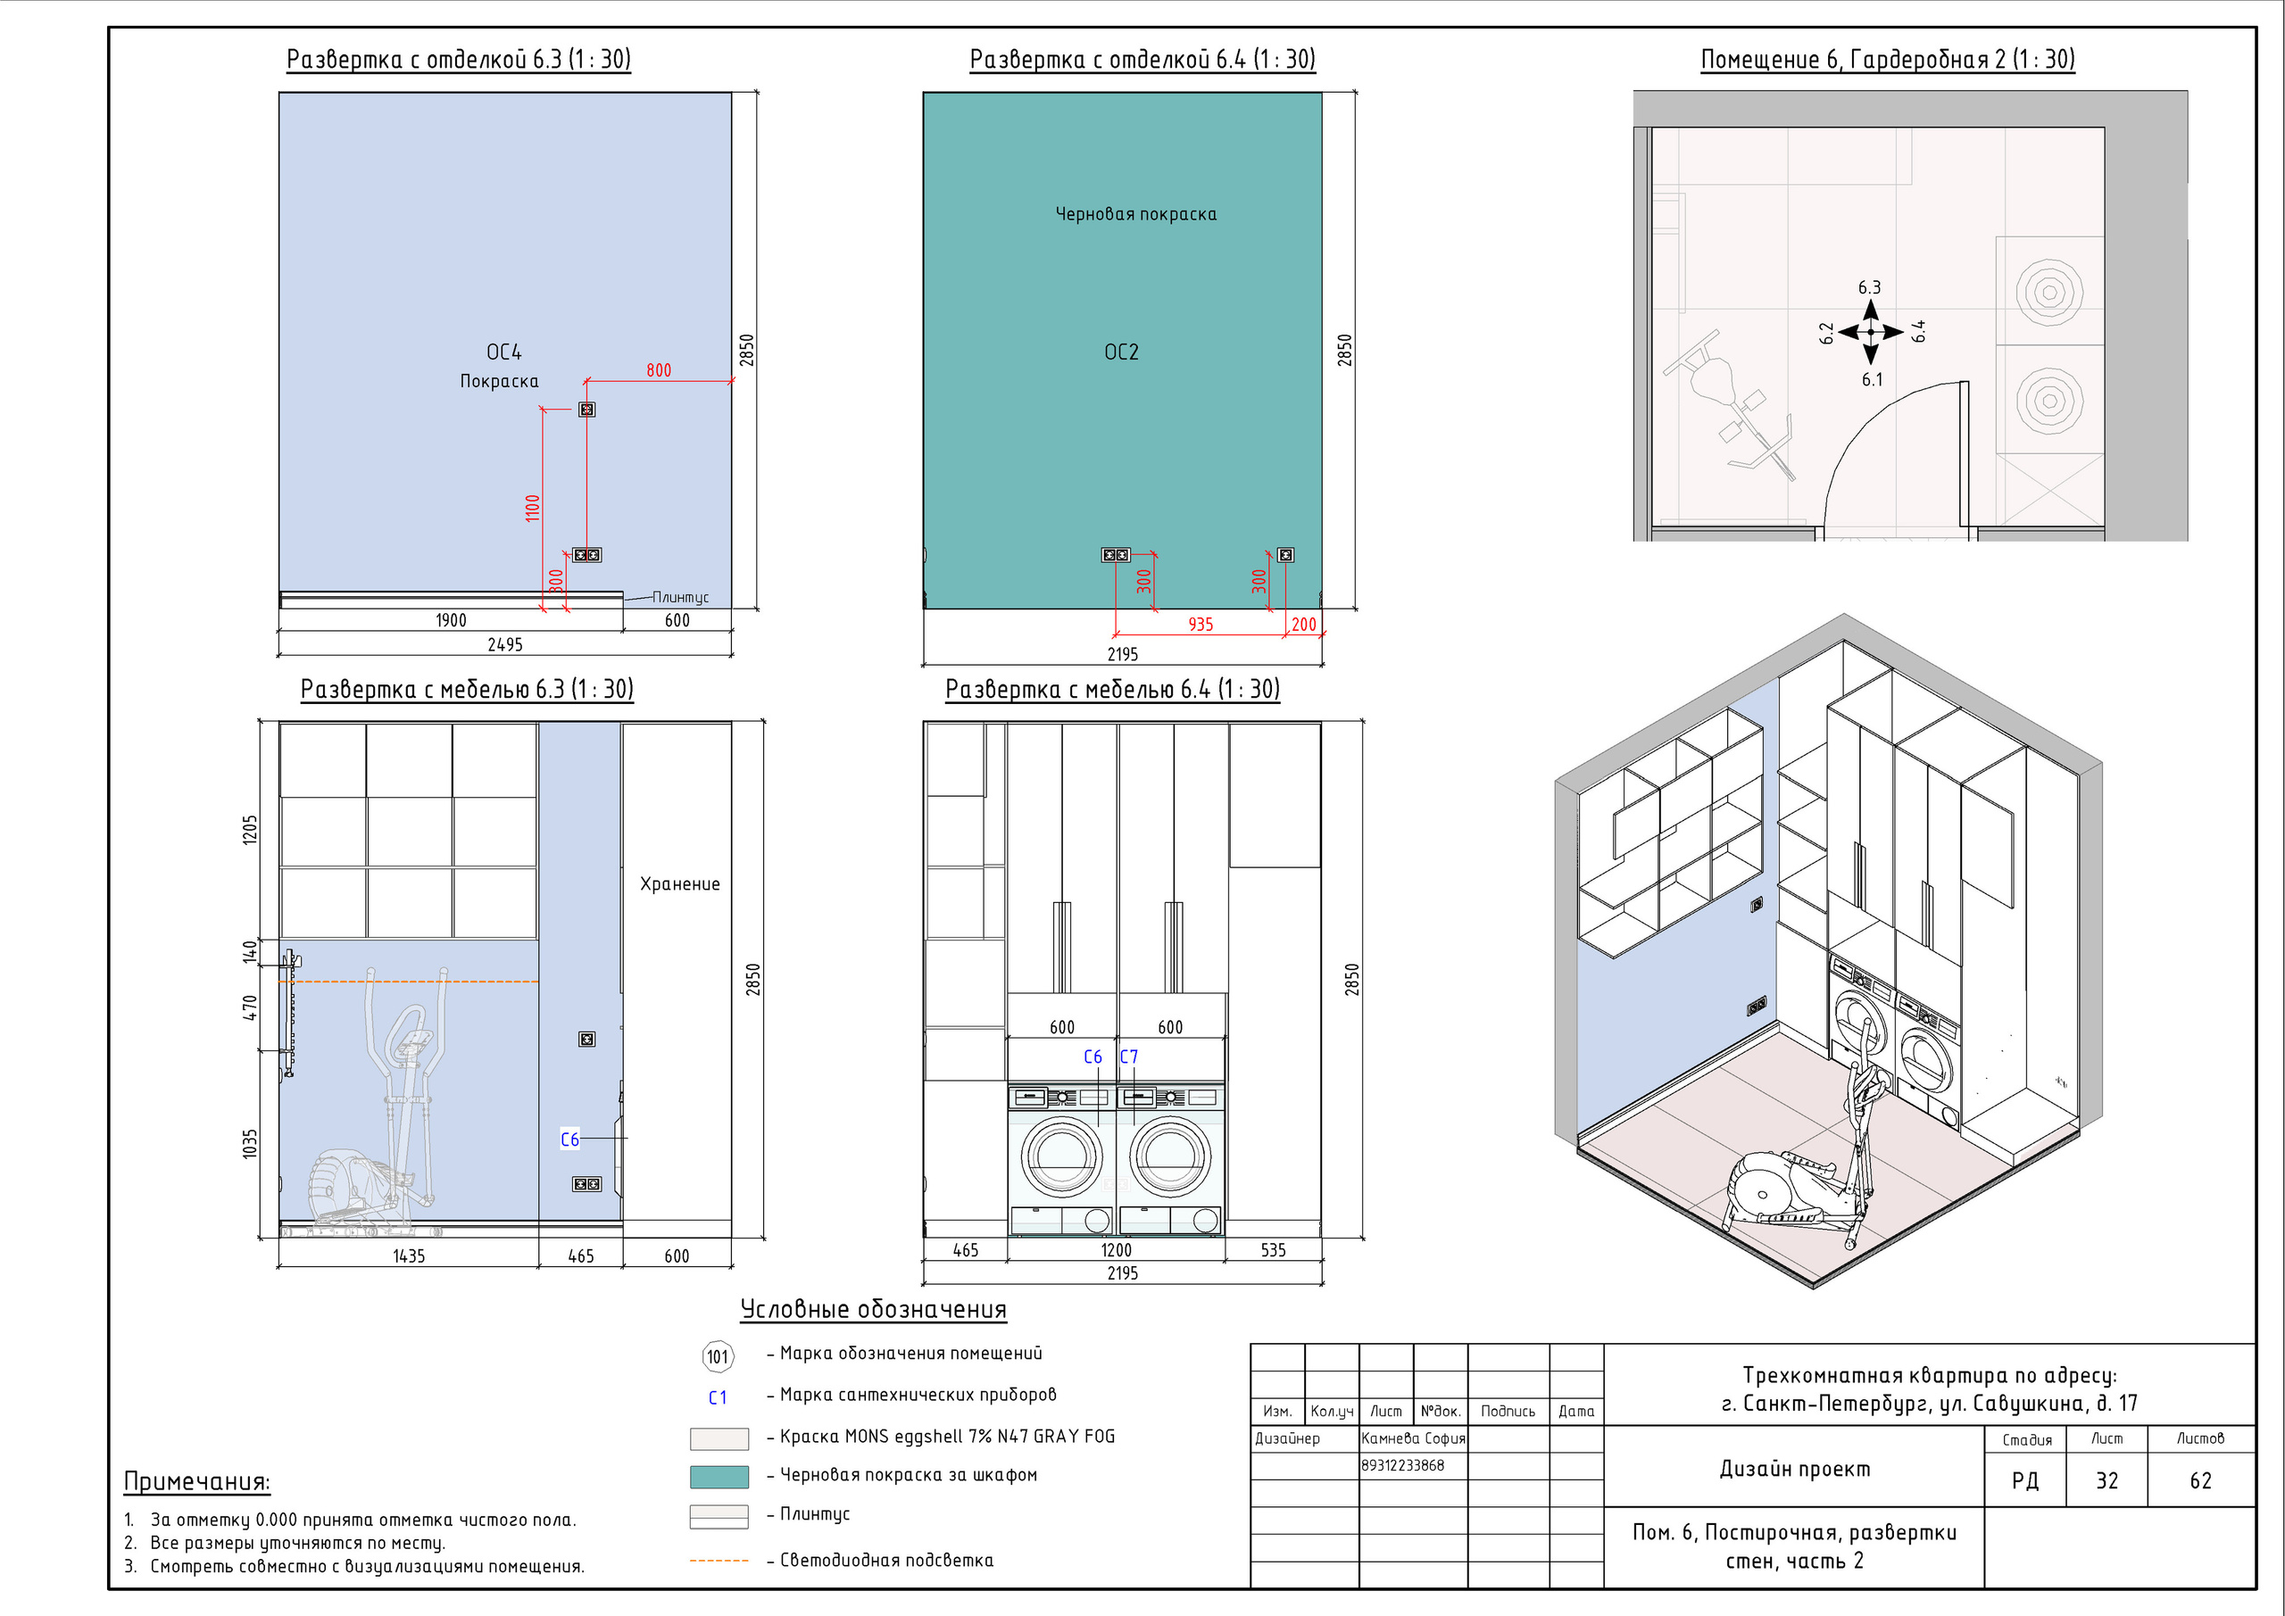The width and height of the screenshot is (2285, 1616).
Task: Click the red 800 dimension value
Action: click(659, 370)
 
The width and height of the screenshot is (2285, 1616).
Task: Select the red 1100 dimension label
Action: click(533, 508)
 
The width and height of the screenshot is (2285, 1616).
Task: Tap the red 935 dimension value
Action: click(1201, 624)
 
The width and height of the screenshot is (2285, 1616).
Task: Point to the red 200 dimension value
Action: click(1304, 624)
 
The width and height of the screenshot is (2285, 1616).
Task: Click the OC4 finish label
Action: click(503, 352)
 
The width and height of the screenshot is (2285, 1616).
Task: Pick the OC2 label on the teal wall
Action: click(1122, 352)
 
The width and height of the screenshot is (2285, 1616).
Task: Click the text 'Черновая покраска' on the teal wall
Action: click(1135, 214)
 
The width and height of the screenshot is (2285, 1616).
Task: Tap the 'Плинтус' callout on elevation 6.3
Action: click(681, 597)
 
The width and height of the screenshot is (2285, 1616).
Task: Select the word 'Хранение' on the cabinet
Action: click(680, 883)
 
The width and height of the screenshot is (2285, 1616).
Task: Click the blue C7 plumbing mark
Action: click(1128, 1057)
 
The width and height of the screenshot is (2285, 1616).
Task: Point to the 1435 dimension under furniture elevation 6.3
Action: click(409, 1256)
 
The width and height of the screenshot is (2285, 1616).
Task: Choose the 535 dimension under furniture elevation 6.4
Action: click(1274, 1250)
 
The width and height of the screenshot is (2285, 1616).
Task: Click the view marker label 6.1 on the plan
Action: click(1872, 379)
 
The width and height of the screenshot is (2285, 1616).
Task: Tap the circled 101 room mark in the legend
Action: click(718, 1356)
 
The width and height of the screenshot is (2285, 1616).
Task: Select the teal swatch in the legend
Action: click(719, 1477)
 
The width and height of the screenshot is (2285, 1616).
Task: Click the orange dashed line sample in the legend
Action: click(719, 1561)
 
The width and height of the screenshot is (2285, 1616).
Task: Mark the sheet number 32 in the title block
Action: click(2106, 1480)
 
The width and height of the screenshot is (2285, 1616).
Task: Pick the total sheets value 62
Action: click(2200, 1480)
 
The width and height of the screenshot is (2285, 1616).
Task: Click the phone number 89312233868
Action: click(1402, 1464)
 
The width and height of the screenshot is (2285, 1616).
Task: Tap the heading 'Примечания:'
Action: click(197, 1481)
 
